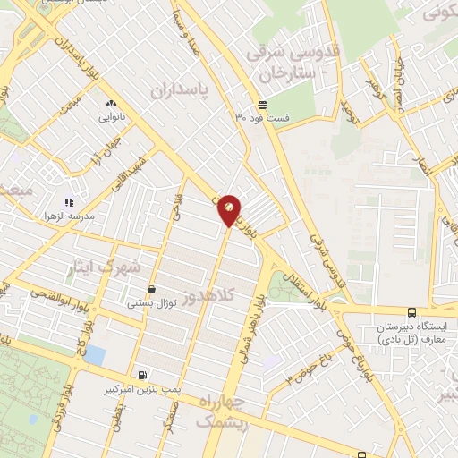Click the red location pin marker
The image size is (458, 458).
click(229, 209)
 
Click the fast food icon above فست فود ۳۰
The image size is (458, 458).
click(263, 104)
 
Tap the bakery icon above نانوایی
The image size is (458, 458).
click(110, 103)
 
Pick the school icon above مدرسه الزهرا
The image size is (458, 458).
click(68, 202)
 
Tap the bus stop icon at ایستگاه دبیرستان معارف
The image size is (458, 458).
click(411, 313)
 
